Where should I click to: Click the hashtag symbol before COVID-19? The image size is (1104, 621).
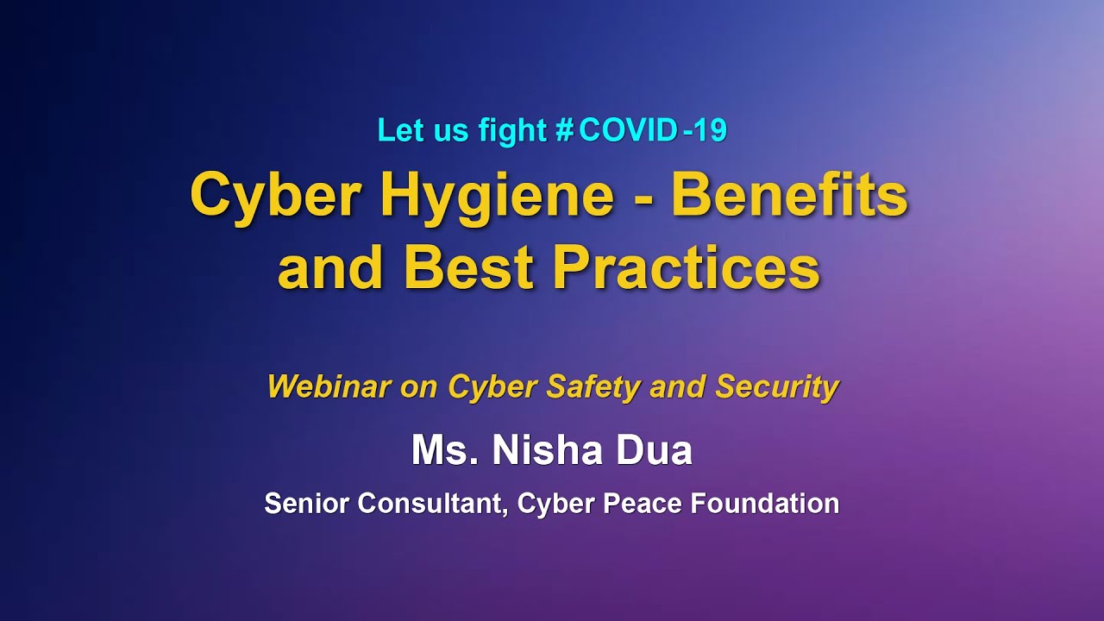coord(565,130)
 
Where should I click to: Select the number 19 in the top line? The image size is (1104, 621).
coord(709,130)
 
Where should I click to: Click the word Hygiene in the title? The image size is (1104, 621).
coord(496,198)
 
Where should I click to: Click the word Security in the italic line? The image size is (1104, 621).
coord(777,387)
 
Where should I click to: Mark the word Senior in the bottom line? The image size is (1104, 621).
coord(307,503)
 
